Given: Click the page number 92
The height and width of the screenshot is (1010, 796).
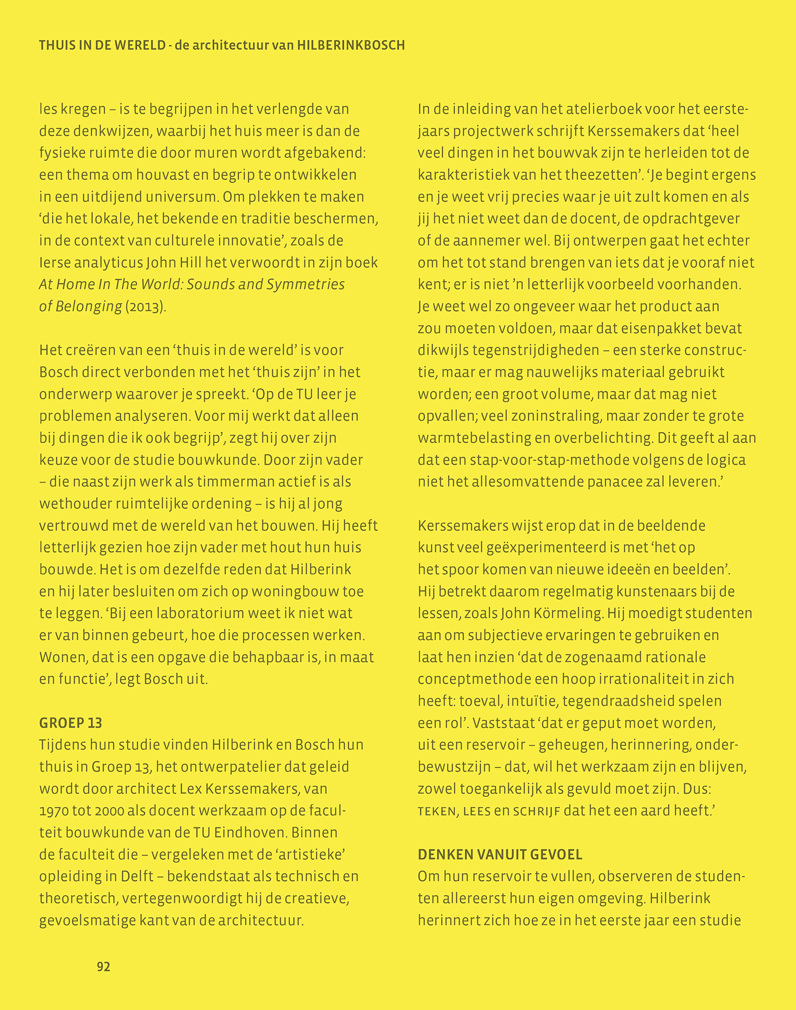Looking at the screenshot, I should [103, 967].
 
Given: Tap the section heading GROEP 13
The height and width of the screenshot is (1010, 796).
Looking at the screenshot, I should [71, 723].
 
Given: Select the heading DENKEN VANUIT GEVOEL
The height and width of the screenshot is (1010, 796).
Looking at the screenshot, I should [500, 854].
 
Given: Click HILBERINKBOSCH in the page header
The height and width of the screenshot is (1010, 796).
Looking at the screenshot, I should [351, 45].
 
